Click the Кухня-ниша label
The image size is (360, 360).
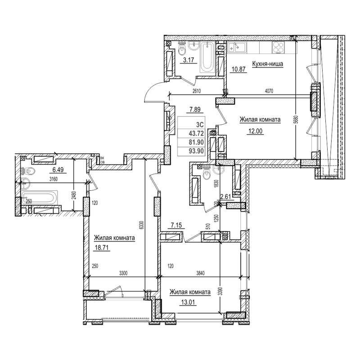(267, 64)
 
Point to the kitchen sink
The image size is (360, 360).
(235, 46)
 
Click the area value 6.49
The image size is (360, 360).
(58, 170)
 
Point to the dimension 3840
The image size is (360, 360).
(191, 273)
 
